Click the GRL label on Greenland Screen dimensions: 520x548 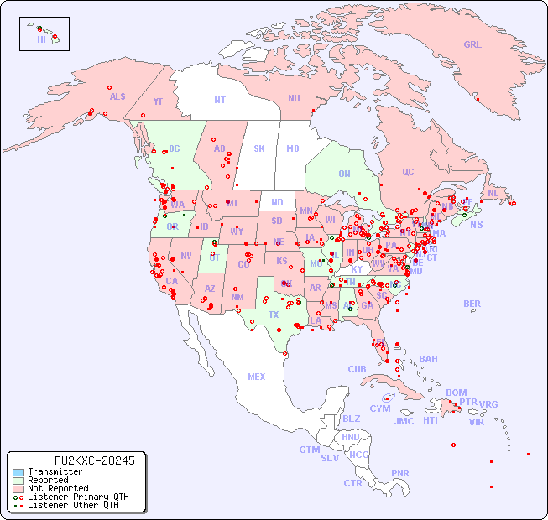pyautogui.click(x=472, y=45)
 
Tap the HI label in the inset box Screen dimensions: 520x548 pyautogui.click(x=41, y=39)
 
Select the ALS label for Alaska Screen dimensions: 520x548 pyautogui.click(x=117, y=96)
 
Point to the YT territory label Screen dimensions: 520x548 pyautogui.click(x=158, y=101)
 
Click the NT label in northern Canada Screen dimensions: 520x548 pyautogui.click(x=220, y=99)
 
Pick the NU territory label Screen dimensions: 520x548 pyautogui.click(x=294, y=98)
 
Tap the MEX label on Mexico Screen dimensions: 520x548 pyautogui.click(x=257, y=377)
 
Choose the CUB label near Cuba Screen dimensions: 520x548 pyautogui.click(x=357, y=369)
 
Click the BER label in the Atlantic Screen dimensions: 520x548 pyautogui.click(x=472, y=304)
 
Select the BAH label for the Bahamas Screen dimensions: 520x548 pyautogui.click(x=428, y=359)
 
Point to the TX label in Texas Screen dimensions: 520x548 pyautogui.click(x=274, y=315)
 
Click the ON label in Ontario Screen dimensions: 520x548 pyautogui.click(x=344, y=174)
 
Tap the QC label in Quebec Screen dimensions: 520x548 pyautogui.click(x=408, y=172)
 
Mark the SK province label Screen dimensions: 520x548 pyautogui.click(x=259, y=148)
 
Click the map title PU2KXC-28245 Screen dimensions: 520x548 pyautogui.click(x=82, y=460)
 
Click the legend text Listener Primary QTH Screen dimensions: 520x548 pyautogui.click(x=78, y=497)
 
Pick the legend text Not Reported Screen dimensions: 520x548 pyautogui.click(x=58, y=488)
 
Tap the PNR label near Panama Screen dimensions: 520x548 pyautogui.click(x=400, y=473)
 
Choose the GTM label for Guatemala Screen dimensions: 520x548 pyautogui.click(x=309, y=450)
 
